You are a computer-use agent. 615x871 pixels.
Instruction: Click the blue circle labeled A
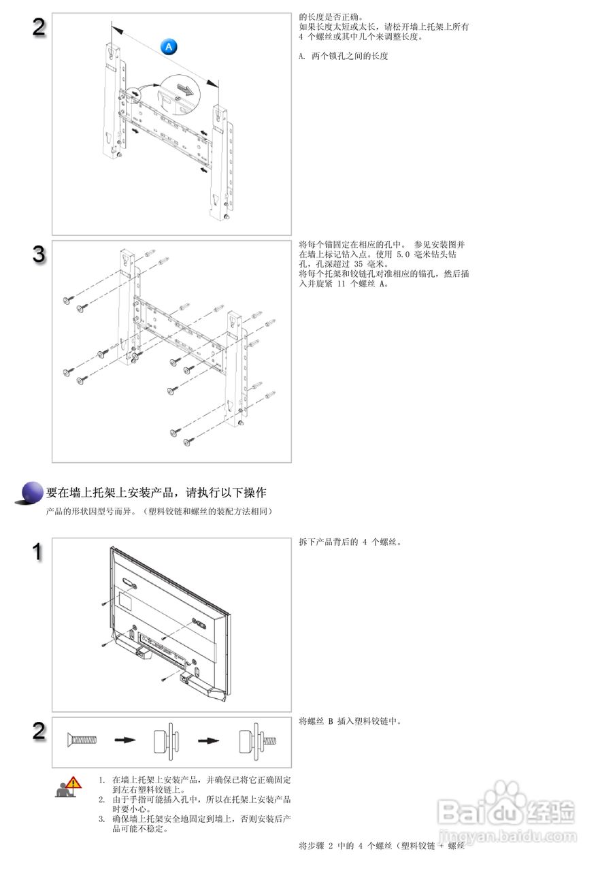pyautogui.click(x=169, y=47)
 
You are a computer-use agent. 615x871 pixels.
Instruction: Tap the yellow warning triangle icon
pyautogui.click(x=73, y=783)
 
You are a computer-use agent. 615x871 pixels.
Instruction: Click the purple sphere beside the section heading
pyautogui.click(x=32, y=492)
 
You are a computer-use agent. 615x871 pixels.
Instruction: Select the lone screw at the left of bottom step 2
pyautogui.click(x=82, y=739)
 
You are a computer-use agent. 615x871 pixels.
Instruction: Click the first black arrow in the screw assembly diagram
pyautogui.click(x=125, y=740)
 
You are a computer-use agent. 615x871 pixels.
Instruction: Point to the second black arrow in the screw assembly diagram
pyautogui.click(x=209, y=740)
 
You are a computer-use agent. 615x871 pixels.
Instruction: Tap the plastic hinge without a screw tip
pyautogui.click(x=167, y=741)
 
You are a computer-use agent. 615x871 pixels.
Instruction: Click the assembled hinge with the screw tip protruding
pyautogui.click(x=257, y=741)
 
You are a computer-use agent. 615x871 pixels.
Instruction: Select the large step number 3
pyautogui.click(x=39, y=254)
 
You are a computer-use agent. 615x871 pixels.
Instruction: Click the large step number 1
pyautogui.click(x=37, y=551)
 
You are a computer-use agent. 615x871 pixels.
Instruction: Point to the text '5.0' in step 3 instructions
pyautogui.click(x=403, y=254)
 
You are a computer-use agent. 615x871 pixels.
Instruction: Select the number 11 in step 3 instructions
pyautogui.click(x=341, y=284)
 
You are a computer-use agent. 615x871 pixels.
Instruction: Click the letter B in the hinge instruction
pyautogui.click(x=331, y=721)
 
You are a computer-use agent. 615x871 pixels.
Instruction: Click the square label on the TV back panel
pyautogui.click(x=124, y=601)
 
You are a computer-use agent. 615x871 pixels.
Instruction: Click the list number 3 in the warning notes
pyautogui.click(x=101, y=819)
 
